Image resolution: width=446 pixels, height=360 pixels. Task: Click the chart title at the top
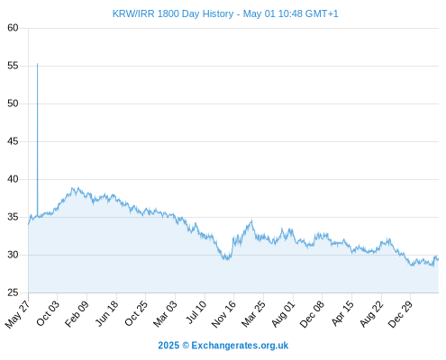[225, 13]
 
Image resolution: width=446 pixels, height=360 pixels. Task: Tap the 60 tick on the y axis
[13, 28]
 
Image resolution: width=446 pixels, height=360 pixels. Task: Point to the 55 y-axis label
[13, 66]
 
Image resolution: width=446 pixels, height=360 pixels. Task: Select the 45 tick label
[13, 141]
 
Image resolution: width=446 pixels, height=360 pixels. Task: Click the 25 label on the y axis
[13, 292]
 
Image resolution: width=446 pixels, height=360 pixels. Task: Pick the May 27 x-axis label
[18, 314]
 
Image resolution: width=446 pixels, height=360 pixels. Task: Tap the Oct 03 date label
[48, 313]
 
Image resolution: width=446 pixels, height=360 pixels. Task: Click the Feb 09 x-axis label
[77, 313]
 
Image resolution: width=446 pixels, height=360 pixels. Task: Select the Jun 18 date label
[107, 313]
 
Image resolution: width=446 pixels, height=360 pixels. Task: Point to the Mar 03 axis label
[166, 314]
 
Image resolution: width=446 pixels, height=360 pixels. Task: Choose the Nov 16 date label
[223, 314]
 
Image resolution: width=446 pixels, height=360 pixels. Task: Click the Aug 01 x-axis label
[283, 314]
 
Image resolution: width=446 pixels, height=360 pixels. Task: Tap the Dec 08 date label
[313, 314]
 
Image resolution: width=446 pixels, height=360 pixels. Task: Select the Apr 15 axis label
[342, 313]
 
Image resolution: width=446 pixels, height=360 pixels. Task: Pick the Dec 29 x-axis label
[401, 314]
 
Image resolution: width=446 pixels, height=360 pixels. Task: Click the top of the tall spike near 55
[37, 64]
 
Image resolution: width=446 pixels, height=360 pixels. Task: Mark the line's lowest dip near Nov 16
[227, 259]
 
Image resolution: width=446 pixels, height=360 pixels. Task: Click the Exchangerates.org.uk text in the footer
[240, 346]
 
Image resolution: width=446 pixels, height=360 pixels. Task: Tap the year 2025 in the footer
[168, 346]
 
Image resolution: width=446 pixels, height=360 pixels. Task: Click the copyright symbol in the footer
[186, 346]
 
